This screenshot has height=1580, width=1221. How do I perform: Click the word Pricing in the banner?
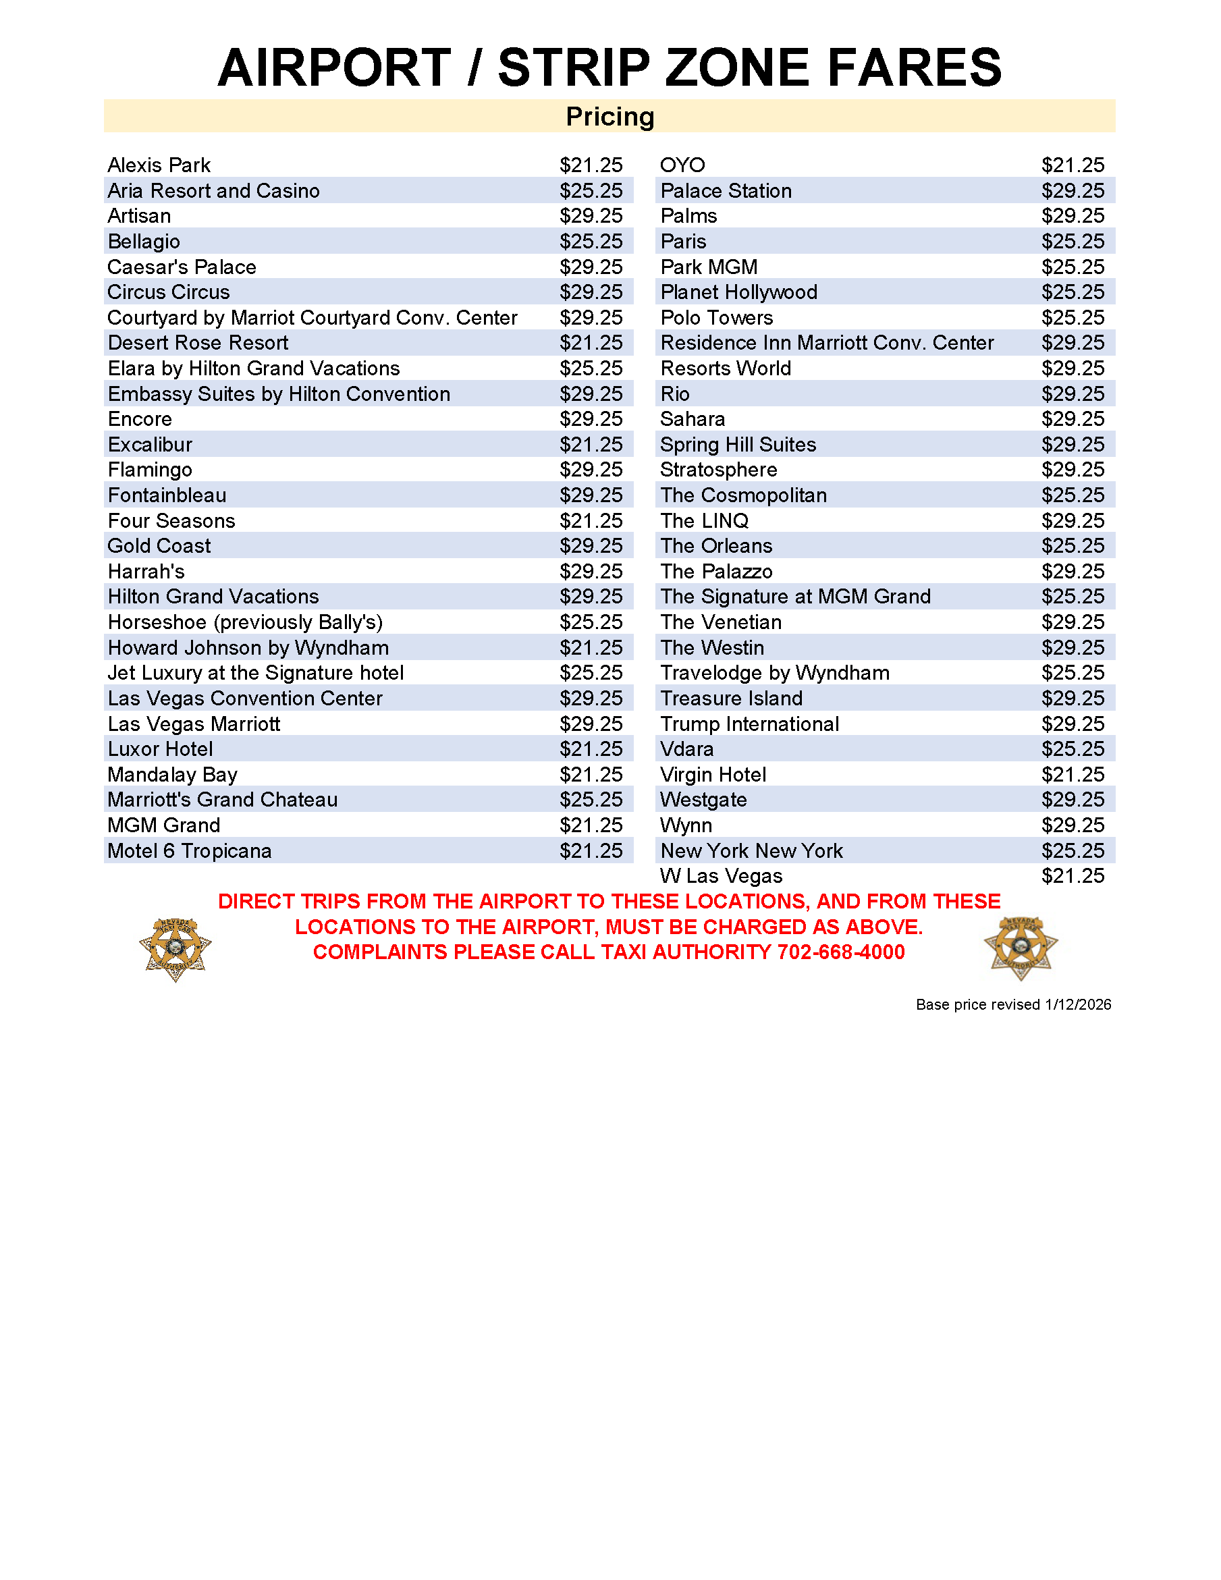point(609,117)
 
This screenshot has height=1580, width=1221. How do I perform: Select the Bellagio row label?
point(144,242)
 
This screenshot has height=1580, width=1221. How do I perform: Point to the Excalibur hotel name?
point(150,444)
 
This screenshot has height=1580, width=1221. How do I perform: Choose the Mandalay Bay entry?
point(172,775)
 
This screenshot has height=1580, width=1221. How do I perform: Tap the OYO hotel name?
point(682,165)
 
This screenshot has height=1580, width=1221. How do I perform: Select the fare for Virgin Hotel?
point(1072,775)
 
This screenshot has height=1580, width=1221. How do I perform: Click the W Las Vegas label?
point(720,876)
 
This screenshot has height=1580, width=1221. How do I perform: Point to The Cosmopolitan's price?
point(1072,495)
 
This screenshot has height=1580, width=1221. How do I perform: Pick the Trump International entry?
point(749,724)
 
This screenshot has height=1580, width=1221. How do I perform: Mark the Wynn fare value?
point(1072,825)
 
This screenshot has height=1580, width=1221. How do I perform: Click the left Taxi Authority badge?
point(175,948)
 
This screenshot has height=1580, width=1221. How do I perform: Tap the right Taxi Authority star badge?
point(1021,948)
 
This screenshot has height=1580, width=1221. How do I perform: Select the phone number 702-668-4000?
point(840,952)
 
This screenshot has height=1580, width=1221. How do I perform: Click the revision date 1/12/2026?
point(1077,1005)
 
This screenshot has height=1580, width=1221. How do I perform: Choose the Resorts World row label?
point(726,369)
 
